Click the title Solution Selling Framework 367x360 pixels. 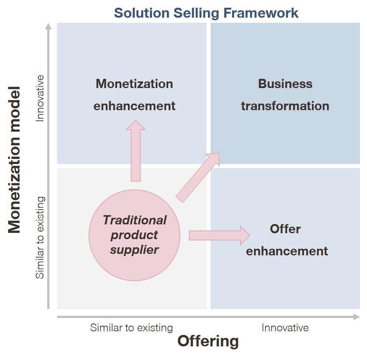(206, 13)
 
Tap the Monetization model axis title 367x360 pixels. (14, 160)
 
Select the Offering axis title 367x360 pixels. (208, 341)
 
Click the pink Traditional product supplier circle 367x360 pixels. (134, 235)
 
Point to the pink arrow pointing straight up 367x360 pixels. (136, 151)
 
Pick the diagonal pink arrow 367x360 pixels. (198, 178)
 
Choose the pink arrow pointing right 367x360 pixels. (219, 235)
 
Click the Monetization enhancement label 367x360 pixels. (134, 95)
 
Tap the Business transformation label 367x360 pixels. (285, 95)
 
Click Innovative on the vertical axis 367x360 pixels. (40, 98)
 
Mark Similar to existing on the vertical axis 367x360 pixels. (40, 238)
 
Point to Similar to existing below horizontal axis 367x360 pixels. (132, 328)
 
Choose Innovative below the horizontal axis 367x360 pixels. (285, 328)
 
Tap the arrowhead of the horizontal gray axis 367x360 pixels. (357, 317)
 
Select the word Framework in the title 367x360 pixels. (261, 13)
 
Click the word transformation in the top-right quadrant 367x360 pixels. (285, 106)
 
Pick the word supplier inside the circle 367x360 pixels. (134, 250)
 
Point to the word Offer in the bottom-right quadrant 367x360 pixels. (285, 229)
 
